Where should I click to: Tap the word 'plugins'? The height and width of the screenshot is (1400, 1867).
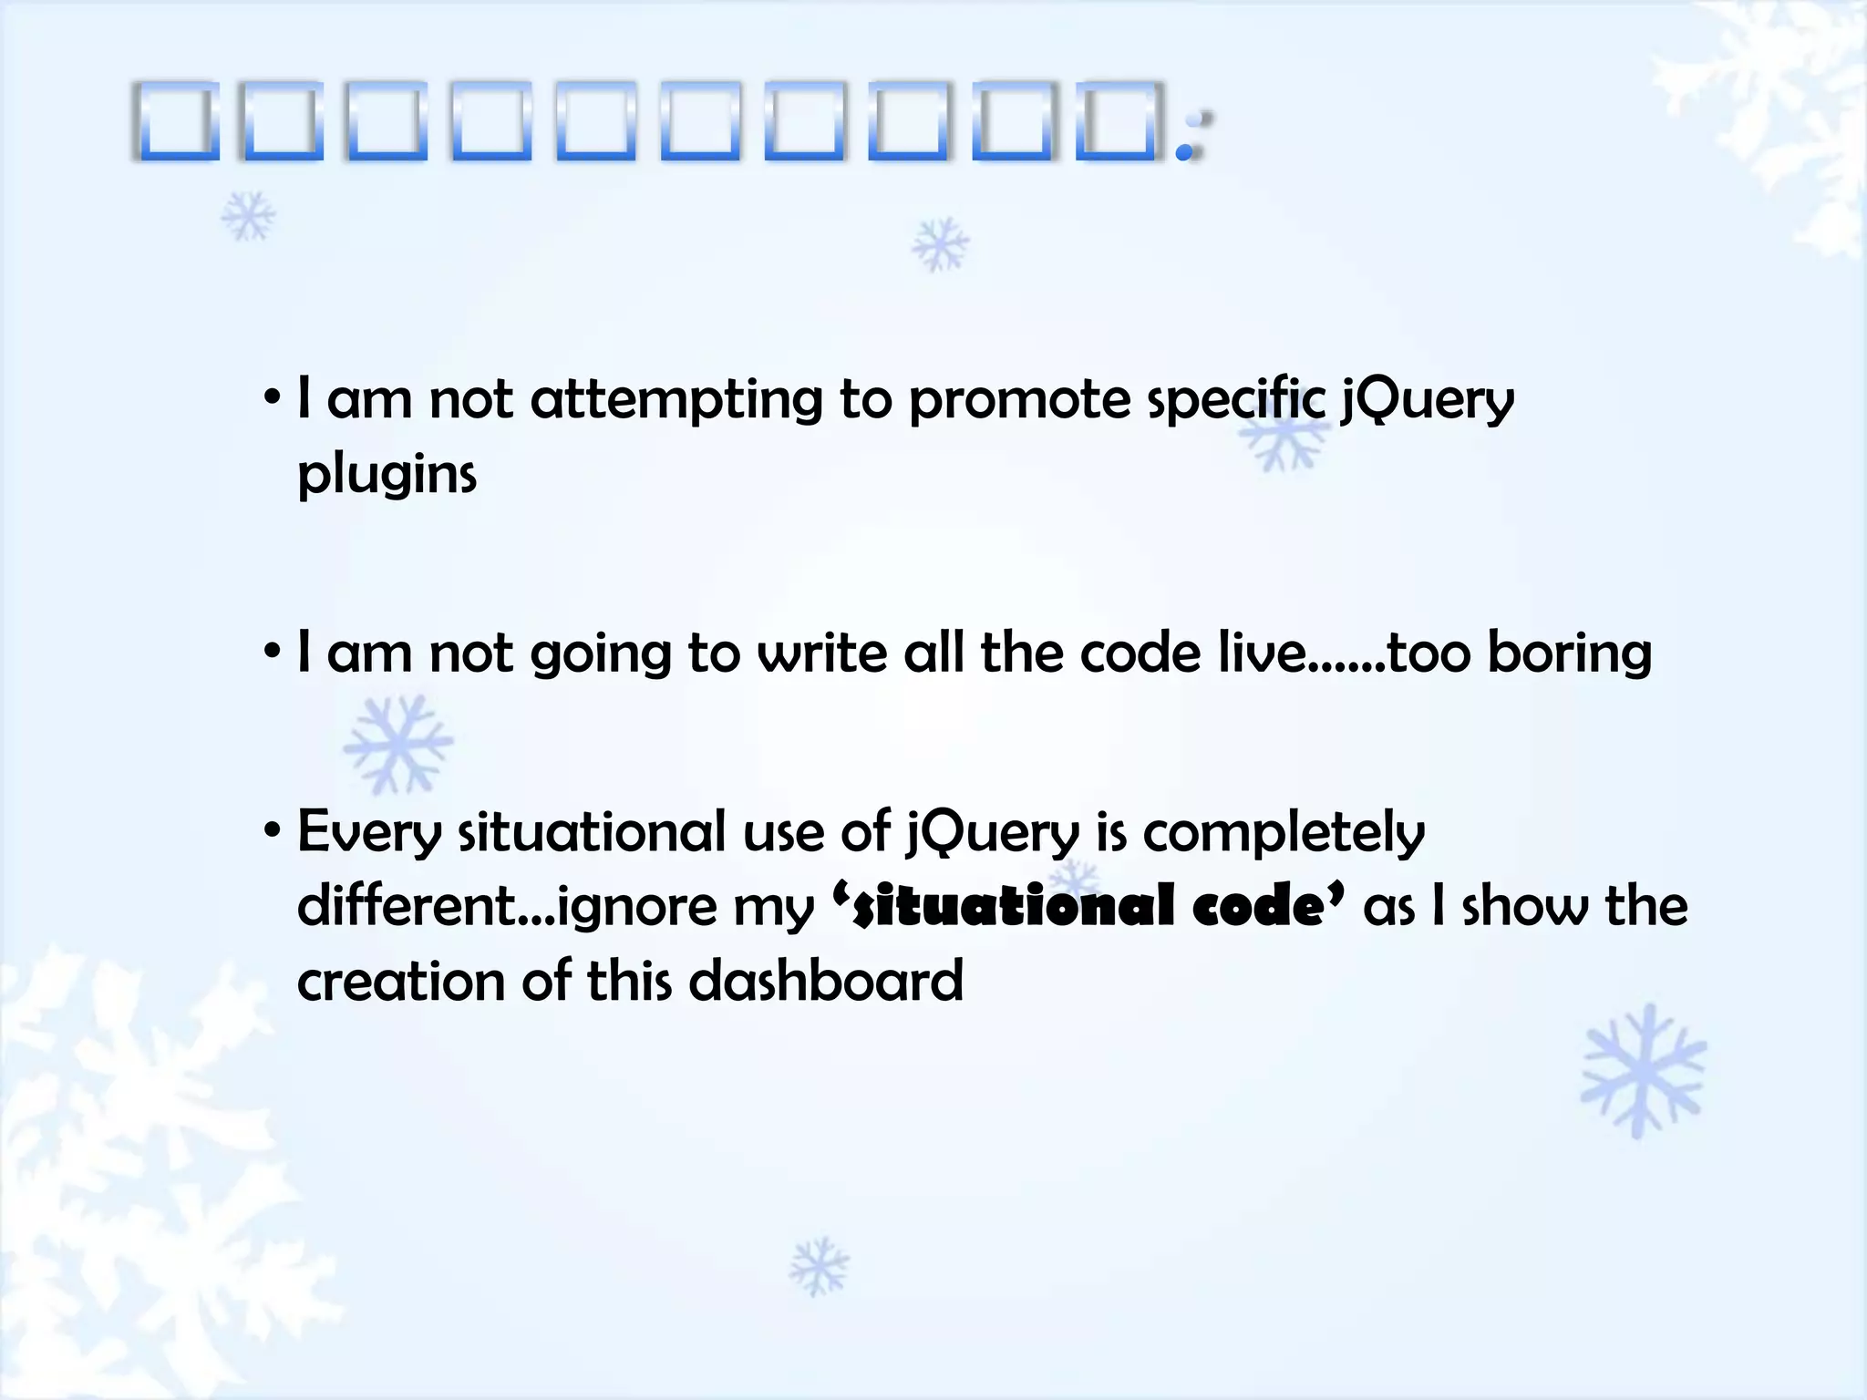(387, 475)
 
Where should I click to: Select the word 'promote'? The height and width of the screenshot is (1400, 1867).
(1019, 401)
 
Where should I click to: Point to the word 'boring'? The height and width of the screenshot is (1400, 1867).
(1569, 654)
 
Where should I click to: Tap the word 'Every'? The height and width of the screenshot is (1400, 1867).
(369, 833)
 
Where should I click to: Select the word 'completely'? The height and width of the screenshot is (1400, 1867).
(1284, 833)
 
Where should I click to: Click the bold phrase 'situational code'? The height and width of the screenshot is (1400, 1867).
(1088, 908)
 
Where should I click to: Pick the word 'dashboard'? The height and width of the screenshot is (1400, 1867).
(825, 982)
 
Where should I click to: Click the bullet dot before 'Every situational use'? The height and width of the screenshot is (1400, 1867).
(272, 831)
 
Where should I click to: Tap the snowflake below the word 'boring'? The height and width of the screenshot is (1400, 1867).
(1643, 1070)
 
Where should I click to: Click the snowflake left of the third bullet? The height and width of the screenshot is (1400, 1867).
(397, 744)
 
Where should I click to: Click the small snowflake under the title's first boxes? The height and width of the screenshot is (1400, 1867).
(248, 217)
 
